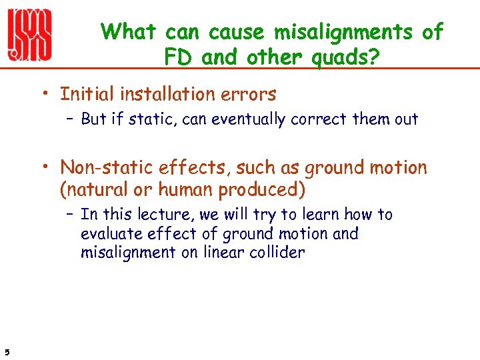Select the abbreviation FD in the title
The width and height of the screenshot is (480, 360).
[179, 58]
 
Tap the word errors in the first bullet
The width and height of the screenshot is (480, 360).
[252, 95]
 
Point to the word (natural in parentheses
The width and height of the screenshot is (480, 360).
[95, 191]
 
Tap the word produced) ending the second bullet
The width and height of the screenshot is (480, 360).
[263, 191]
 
